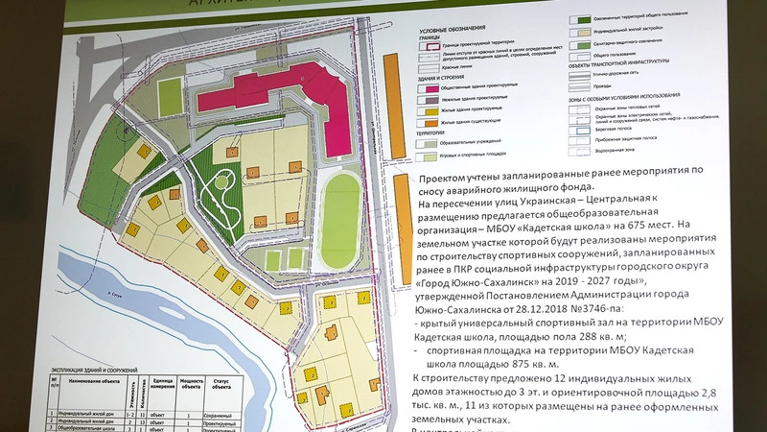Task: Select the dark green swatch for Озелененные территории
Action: [579, 18]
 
